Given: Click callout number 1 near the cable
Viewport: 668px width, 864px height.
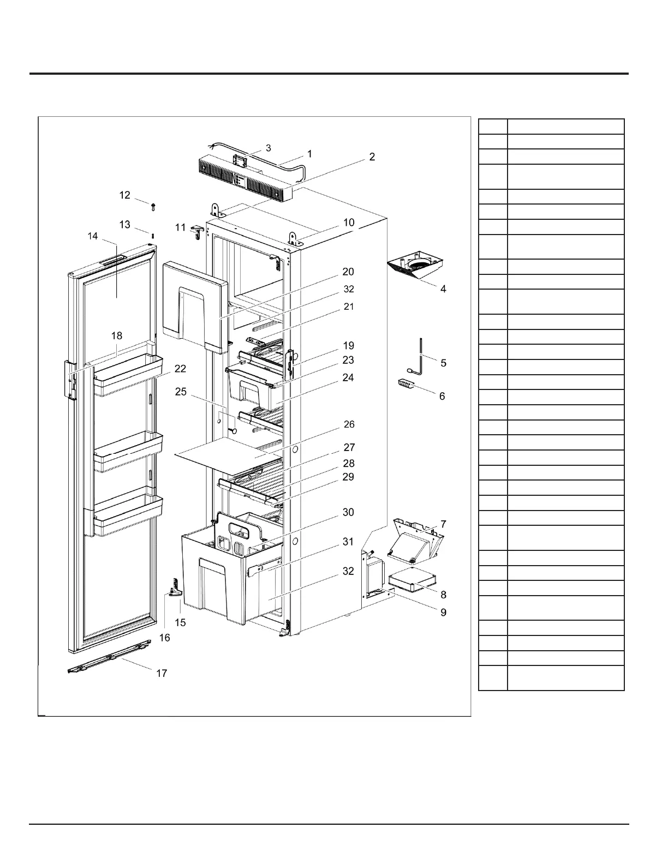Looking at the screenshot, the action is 309,154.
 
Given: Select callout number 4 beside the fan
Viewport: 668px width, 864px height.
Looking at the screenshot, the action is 443,289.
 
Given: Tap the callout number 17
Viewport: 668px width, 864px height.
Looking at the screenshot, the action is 162,673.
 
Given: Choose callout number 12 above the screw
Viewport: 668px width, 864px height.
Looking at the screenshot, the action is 125,195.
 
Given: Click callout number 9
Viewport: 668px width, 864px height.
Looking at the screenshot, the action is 443,613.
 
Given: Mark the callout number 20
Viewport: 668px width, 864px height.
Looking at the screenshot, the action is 348,272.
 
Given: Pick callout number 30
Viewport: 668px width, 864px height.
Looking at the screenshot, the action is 348,512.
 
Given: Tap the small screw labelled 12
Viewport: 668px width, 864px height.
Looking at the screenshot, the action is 153,207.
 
